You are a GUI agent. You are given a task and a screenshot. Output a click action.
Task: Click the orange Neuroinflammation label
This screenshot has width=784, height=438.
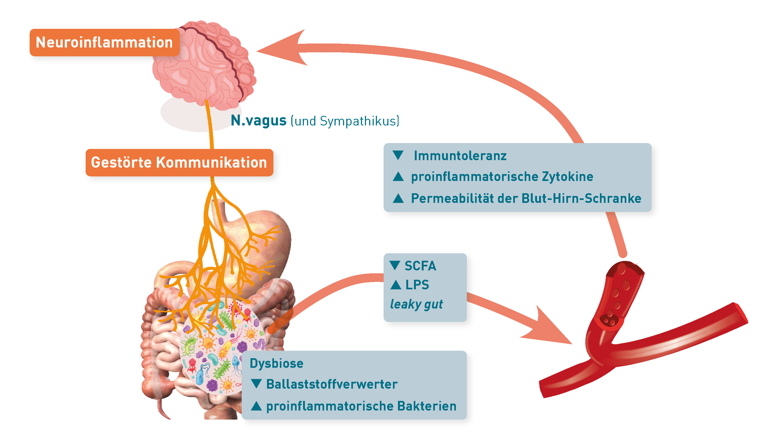point(104,42)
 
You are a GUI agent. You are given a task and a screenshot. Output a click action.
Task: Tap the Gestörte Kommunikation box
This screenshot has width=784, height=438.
point(179,162)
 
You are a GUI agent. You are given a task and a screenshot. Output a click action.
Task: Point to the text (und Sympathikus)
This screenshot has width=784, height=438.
point(345,121)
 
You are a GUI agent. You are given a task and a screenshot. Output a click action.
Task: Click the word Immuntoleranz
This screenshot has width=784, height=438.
point(460,156)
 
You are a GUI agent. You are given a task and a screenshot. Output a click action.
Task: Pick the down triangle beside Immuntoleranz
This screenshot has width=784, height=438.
point(398,155)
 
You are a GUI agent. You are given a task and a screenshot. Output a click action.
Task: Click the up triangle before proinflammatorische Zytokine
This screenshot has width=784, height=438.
point(398,177)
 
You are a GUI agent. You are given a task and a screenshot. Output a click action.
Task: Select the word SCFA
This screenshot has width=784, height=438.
point(420,266)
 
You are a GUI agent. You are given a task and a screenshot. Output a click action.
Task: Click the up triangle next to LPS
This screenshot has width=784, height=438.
point(396,285)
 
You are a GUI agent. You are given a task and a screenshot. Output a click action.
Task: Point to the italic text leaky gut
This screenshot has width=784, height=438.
point(416,304)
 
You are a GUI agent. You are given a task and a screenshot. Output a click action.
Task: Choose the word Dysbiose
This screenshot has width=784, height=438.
point(276,363)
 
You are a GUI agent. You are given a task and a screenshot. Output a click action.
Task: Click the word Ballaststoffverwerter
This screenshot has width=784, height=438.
point(332,384)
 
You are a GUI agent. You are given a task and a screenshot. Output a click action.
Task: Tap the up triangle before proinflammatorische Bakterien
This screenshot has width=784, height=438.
point(256,406)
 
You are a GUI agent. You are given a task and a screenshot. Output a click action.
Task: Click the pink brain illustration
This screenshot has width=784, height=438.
point(204,64)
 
